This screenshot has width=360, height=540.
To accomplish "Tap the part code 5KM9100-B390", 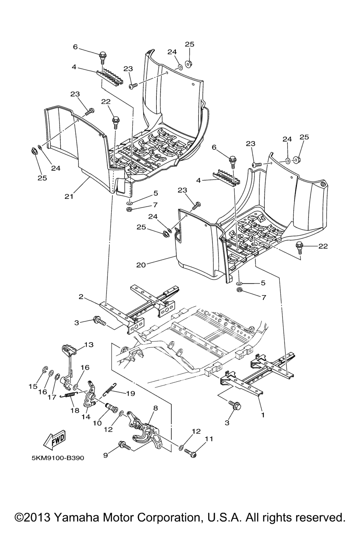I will click(x=58, y=458).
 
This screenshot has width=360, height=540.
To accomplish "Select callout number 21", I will click(x=69, y=197).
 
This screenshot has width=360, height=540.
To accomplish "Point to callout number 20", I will click(x=141, y=265).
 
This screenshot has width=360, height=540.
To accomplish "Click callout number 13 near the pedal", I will click(x=89, y=345).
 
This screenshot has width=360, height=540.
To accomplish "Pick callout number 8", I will click(x=155, y=408).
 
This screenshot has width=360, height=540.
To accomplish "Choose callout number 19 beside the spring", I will click(x=130, y=393).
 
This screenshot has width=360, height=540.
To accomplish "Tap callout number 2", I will click(x=81, y=297).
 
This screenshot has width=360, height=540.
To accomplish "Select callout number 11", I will click(x=209, y=439).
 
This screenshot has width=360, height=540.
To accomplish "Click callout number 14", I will click(x=86, y=417).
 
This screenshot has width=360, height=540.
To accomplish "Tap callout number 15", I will click(x=33, y=386).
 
